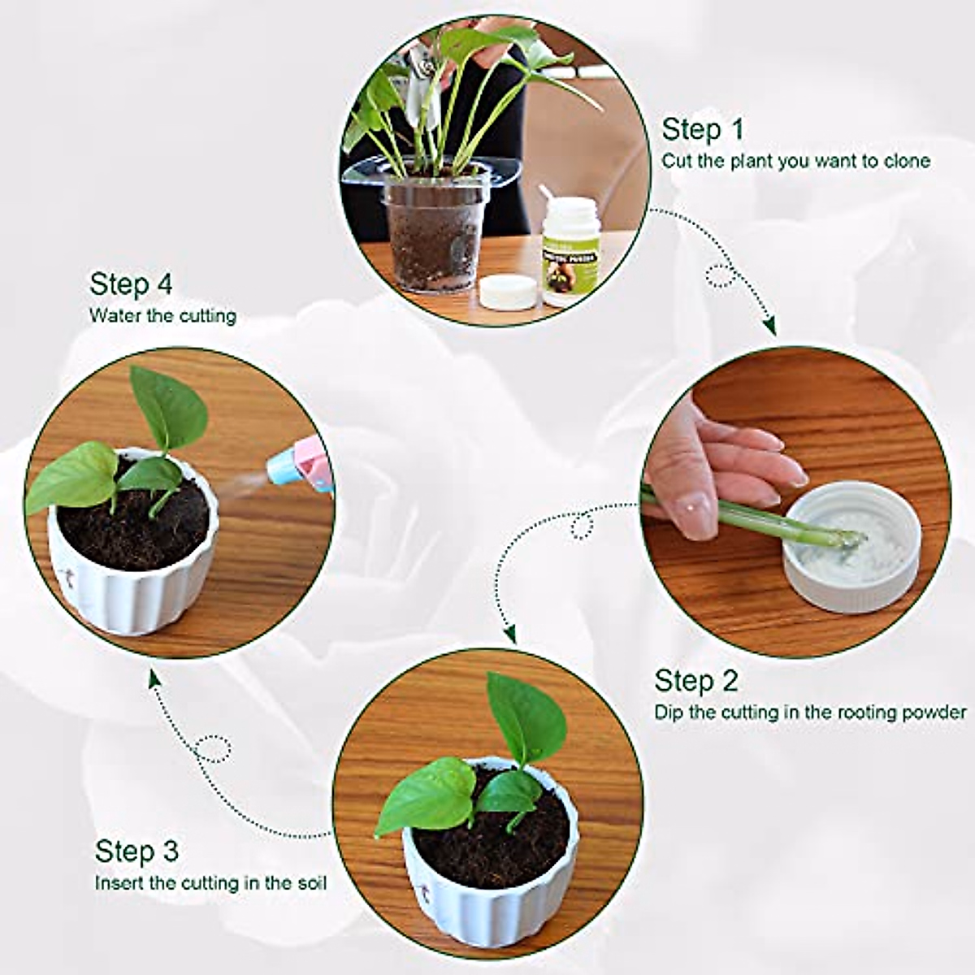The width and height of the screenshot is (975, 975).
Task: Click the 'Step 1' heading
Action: (702, 130)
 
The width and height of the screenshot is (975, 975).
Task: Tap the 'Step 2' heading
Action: (696, 681)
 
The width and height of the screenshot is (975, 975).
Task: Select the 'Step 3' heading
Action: (136, 851)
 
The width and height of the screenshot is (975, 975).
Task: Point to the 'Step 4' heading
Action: (131, 284)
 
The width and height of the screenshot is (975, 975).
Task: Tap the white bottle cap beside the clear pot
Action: (508, 291)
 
